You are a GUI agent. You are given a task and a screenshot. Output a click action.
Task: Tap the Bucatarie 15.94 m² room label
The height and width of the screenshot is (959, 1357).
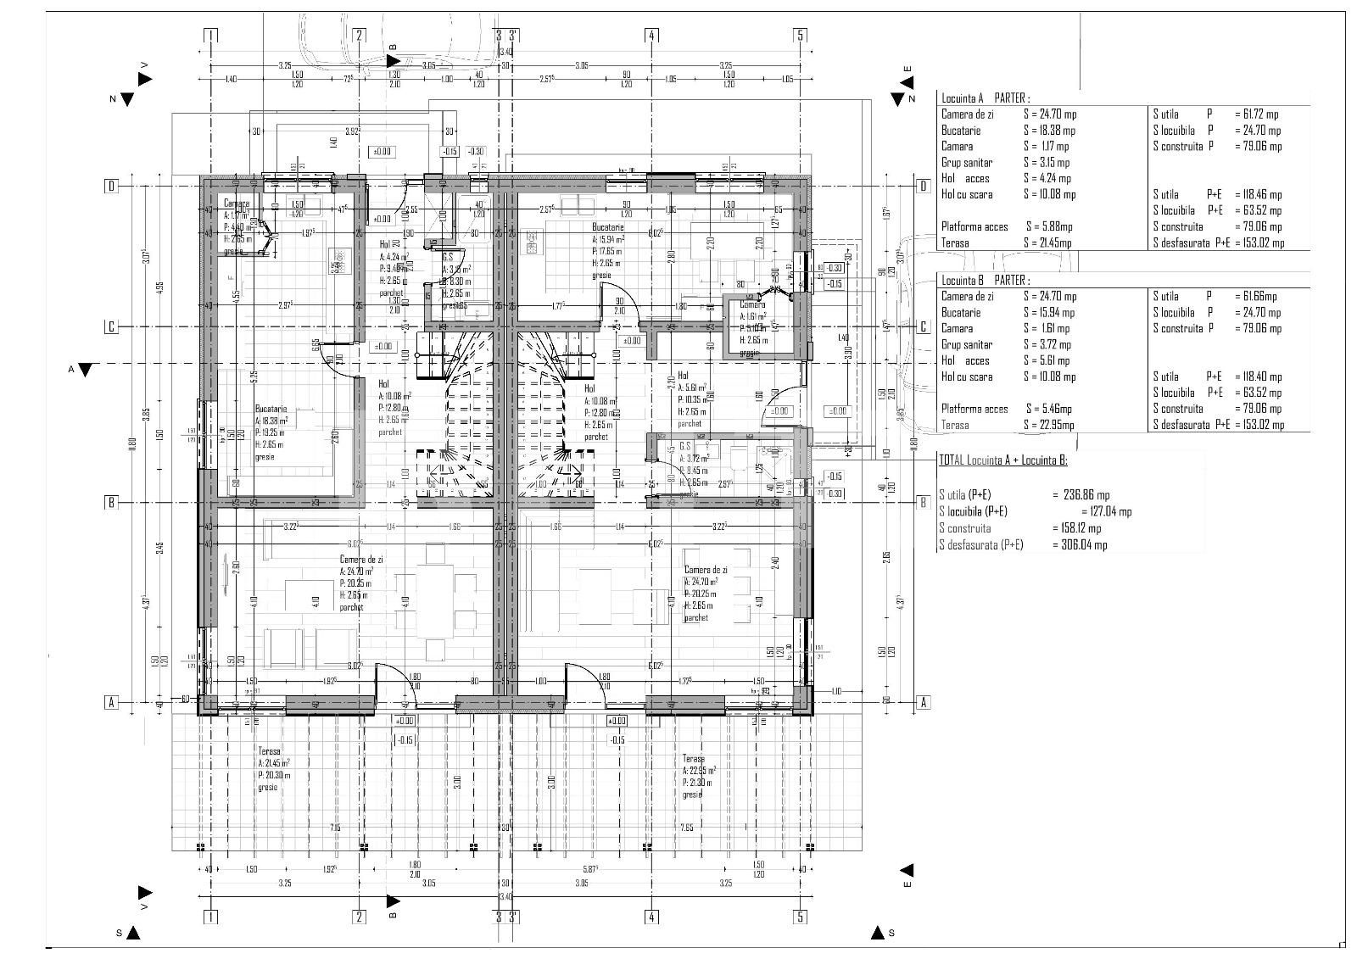pos(608,227)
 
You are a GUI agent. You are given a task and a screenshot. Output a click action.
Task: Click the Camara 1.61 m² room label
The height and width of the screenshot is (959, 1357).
pos(751,304)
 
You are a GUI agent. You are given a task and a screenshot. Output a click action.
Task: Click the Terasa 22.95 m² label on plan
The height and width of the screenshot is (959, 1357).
pos(693,759)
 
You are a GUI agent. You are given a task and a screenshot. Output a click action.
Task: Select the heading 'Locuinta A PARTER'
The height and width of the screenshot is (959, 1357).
pos(985,98)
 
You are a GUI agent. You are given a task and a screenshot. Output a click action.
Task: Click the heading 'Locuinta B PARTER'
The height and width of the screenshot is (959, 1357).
pos(985,280)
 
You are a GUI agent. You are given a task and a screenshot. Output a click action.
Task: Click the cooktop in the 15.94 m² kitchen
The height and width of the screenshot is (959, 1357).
pos(533,243)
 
